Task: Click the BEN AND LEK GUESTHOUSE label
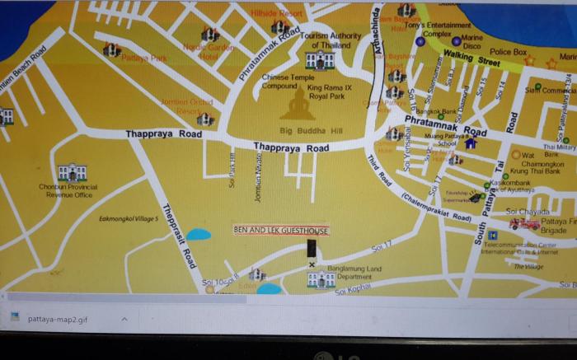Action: coord(281,231)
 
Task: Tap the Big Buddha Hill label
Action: coord(310,131)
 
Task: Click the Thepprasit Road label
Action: coord(178,235)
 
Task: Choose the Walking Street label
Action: coord(471,58)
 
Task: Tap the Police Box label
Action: coord(508,52)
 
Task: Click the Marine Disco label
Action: coord(472,42)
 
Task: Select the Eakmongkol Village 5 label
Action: coord(129,218)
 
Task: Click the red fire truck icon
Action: coord(524,223)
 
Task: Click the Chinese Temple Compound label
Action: coord(279,82)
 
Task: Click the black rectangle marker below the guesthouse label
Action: coord(312,249)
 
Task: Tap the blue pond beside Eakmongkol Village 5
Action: coord(198,234)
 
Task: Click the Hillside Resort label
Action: coord(277,14)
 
